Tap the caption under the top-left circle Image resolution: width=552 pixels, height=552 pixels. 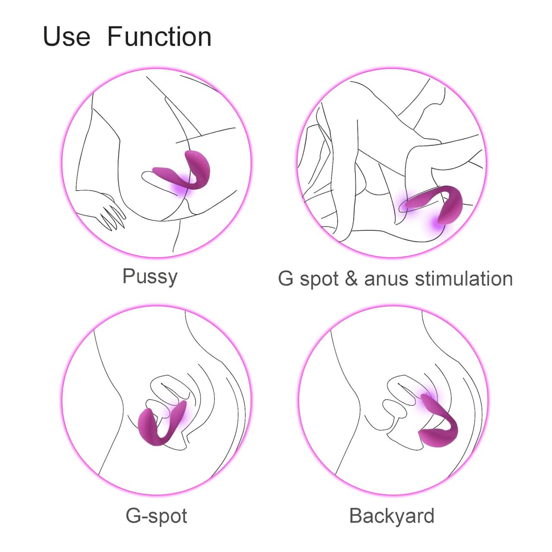tap(150, 276)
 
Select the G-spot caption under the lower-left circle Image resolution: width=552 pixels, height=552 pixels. tap(156, 516)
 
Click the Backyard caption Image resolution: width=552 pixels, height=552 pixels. tap(392, 516)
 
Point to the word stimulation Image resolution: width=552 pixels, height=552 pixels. tap(464, 279)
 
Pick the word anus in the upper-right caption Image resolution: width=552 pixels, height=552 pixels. tap(387, 279)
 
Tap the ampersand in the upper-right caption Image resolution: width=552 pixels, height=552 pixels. tap(351, 279)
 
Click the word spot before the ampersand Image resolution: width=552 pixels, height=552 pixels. tap(320, 279)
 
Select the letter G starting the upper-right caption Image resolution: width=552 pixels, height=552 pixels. tap(285, 279)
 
